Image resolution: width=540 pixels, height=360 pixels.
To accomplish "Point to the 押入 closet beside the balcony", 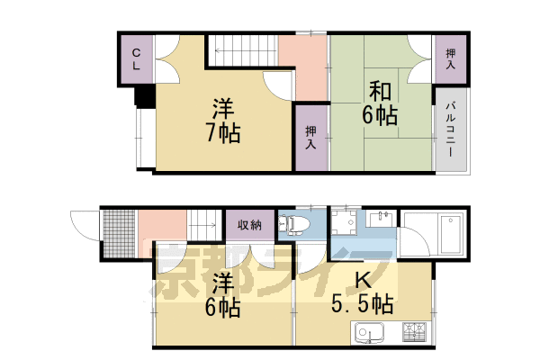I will click(450, 59).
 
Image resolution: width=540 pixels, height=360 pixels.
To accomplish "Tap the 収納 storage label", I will click(249, 225).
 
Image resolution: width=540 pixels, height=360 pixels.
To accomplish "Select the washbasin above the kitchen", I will click(382, 219).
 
